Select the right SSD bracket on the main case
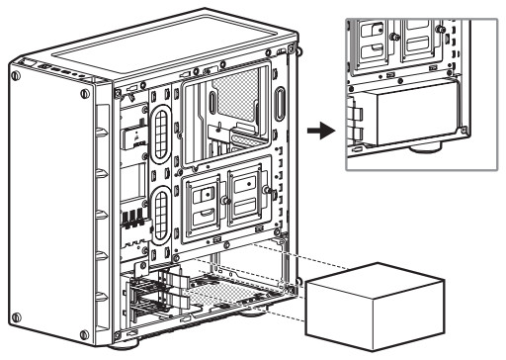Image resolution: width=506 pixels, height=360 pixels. point(246,191)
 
